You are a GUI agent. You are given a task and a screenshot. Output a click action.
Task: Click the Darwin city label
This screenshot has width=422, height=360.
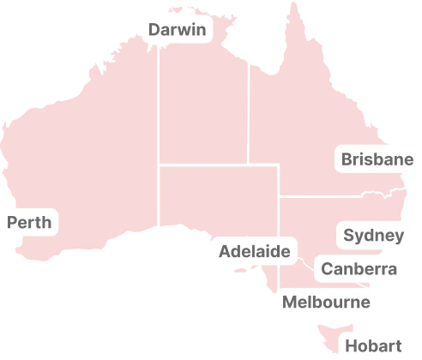[177, 31]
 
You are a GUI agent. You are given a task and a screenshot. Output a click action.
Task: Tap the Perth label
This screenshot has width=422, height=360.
[29, 223]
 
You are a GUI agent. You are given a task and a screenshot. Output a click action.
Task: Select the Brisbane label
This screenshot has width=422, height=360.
[377, 159]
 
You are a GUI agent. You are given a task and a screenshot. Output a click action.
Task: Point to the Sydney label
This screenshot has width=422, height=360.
[373, 236]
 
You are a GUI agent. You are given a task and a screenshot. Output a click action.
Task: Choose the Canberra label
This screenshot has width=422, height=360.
[359, 270]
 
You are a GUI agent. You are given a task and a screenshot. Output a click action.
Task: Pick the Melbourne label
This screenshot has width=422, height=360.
[326, 302]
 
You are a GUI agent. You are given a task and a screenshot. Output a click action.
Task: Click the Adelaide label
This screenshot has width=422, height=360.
[254, 252]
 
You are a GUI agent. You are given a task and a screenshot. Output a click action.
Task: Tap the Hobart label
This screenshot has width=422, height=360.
[372, 346]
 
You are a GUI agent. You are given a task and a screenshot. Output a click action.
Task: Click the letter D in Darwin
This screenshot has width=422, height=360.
[154, 31]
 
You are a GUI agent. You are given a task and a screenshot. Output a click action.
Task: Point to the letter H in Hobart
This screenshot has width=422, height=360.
[350, 346]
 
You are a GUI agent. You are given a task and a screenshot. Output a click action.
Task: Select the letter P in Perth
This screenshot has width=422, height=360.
[12, 223]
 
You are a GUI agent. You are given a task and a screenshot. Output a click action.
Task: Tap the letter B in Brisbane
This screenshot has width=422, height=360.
[347, 159]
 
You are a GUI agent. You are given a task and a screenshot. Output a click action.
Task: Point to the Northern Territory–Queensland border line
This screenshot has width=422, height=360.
[249, 120]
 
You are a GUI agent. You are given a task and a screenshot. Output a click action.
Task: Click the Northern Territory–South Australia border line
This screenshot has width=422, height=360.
[206, 165]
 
